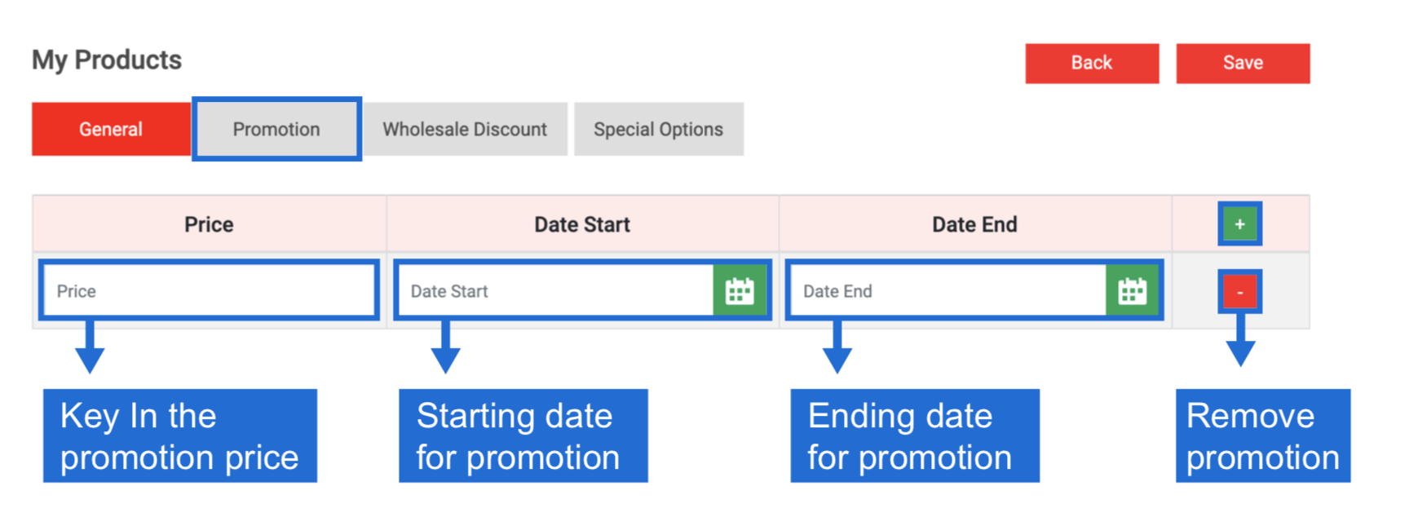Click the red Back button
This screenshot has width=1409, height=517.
[x=1092, y=63]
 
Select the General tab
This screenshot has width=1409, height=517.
[x=111, y=129]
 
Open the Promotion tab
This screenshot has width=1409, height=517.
[x=276, y=129]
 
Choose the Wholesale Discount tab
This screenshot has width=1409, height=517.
[x=465, y=129]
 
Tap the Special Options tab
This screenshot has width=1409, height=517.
[x=658, y=129]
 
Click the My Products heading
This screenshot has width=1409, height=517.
[x=107, y=60]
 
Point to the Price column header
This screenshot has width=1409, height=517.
[x=209, y=224]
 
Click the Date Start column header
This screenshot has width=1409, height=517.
[x=582, y=224]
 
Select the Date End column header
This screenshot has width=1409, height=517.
[x=974, y=224]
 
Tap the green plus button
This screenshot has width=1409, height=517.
[x=1239, y=224]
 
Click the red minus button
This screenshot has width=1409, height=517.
[x=1239, y=291]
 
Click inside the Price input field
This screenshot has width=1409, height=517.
[x=209, y=291]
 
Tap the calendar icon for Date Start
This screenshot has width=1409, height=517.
[x=740, y=291]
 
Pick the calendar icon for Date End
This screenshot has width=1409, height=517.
[x=1132, y=291]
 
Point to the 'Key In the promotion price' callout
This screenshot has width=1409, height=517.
[x=179, y=435]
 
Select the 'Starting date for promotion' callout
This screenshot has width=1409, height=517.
[x=523, y=435]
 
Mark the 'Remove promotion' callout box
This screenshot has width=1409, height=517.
[x=1263, y=435]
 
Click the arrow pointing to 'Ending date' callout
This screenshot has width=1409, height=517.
[x=837, y=346]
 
